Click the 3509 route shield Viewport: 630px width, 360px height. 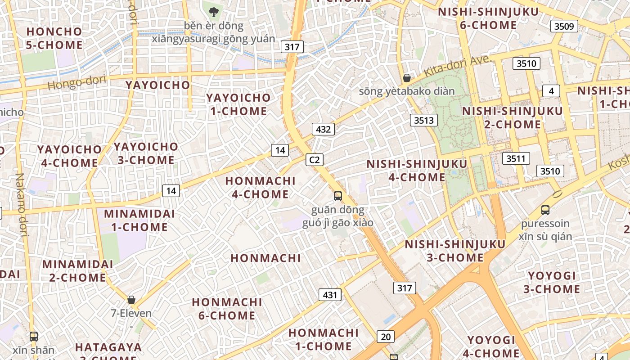(x=564, y=26)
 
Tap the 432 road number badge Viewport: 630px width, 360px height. (x=323, y=130)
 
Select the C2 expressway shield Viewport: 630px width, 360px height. (x=315, y=159)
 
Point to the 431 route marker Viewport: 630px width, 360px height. (x=330, y=295)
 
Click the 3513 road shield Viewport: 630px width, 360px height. (x=424, y=120)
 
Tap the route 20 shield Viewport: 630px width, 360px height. (x=385, y=336)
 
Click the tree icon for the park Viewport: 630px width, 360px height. (x=214, y=11)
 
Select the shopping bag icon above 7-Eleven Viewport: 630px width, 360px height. (x=131, y=299)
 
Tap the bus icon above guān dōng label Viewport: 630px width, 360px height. (x=338, y=196)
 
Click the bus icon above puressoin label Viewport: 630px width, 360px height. (x=545, y=210)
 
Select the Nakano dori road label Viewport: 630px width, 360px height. (x=21, y=205)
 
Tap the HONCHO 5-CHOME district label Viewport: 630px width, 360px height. (x=54, y=38)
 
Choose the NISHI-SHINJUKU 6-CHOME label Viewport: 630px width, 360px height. (x=488, y=18)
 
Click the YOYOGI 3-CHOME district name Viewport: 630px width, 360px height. (x=552, y=282)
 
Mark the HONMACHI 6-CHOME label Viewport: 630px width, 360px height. (x=227, y=309)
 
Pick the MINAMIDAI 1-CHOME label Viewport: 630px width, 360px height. (x=139, y=220)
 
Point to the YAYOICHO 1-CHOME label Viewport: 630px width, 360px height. (x=238, y=104)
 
